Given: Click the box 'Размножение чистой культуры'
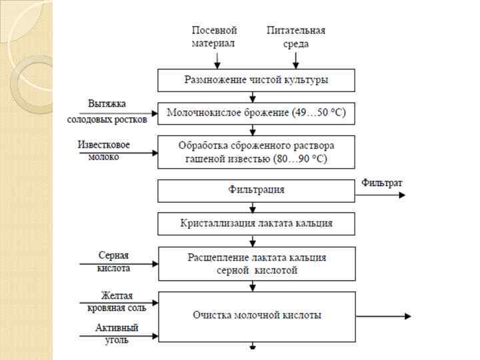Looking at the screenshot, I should [256, 80].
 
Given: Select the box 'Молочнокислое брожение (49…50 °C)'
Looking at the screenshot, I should [256, 113].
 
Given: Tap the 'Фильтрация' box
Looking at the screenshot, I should [256, 190].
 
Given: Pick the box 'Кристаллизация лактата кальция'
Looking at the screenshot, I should [256, 223].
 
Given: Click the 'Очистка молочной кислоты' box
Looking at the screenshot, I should [256, 315].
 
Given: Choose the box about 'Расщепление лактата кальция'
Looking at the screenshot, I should [256, 264].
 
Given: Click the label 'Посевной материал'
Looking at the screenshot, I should [215, 37].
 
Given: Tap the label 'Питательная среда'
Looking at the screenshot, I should [296, 37].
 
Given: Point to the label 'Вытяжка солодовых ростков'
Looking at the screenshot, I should [107, 111].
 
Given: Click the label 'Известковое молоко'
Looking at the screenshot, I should [104, 150].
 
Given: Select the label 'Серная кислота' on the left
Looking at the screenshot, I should [113, 261].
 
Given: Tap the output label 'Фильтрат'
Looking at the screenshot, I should [381, 182].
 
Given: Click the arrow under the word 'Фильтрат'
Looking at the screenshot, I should [380, 195].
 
